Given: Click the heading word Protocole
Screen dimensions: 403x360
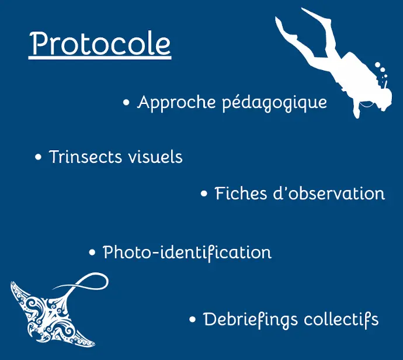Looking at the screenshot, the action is [100, 43].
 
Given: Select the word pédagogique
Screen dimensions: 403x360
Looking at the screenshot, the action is [275, 103].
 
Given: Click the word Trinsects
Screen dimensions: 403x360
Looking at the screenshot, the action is [85, 157].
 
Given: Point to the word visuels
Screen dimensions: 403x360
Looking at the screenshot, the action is [155, 157].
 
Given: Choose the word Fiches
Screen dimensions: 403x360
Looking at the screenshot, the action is [241, 193].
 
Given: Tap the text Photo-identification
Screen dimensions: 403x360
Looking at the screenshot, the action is [187, 252].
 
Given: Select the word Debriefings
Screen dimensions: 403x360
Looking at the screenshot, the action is [251, 320].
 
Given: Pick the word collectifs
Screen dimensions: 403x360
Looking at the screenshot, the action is [341, 320].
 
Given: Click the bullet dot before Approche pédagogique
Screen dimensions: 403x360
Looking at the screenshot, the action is [126, 103].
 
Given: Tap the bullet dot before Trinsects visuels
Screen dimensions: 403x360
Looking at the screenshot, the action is [38, 157].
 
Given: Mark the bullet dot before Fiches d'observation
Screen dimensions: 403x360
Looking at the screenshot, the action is [204, 193].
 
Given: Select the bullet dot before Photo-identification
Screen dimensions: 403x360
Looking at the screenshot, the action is [92, 252].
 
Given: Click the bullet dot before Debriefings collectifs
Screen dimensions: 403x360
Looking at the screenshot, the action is [193, 320].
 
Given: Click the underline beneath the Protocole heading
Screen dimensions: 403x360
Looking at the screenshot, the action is [100, 58].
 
